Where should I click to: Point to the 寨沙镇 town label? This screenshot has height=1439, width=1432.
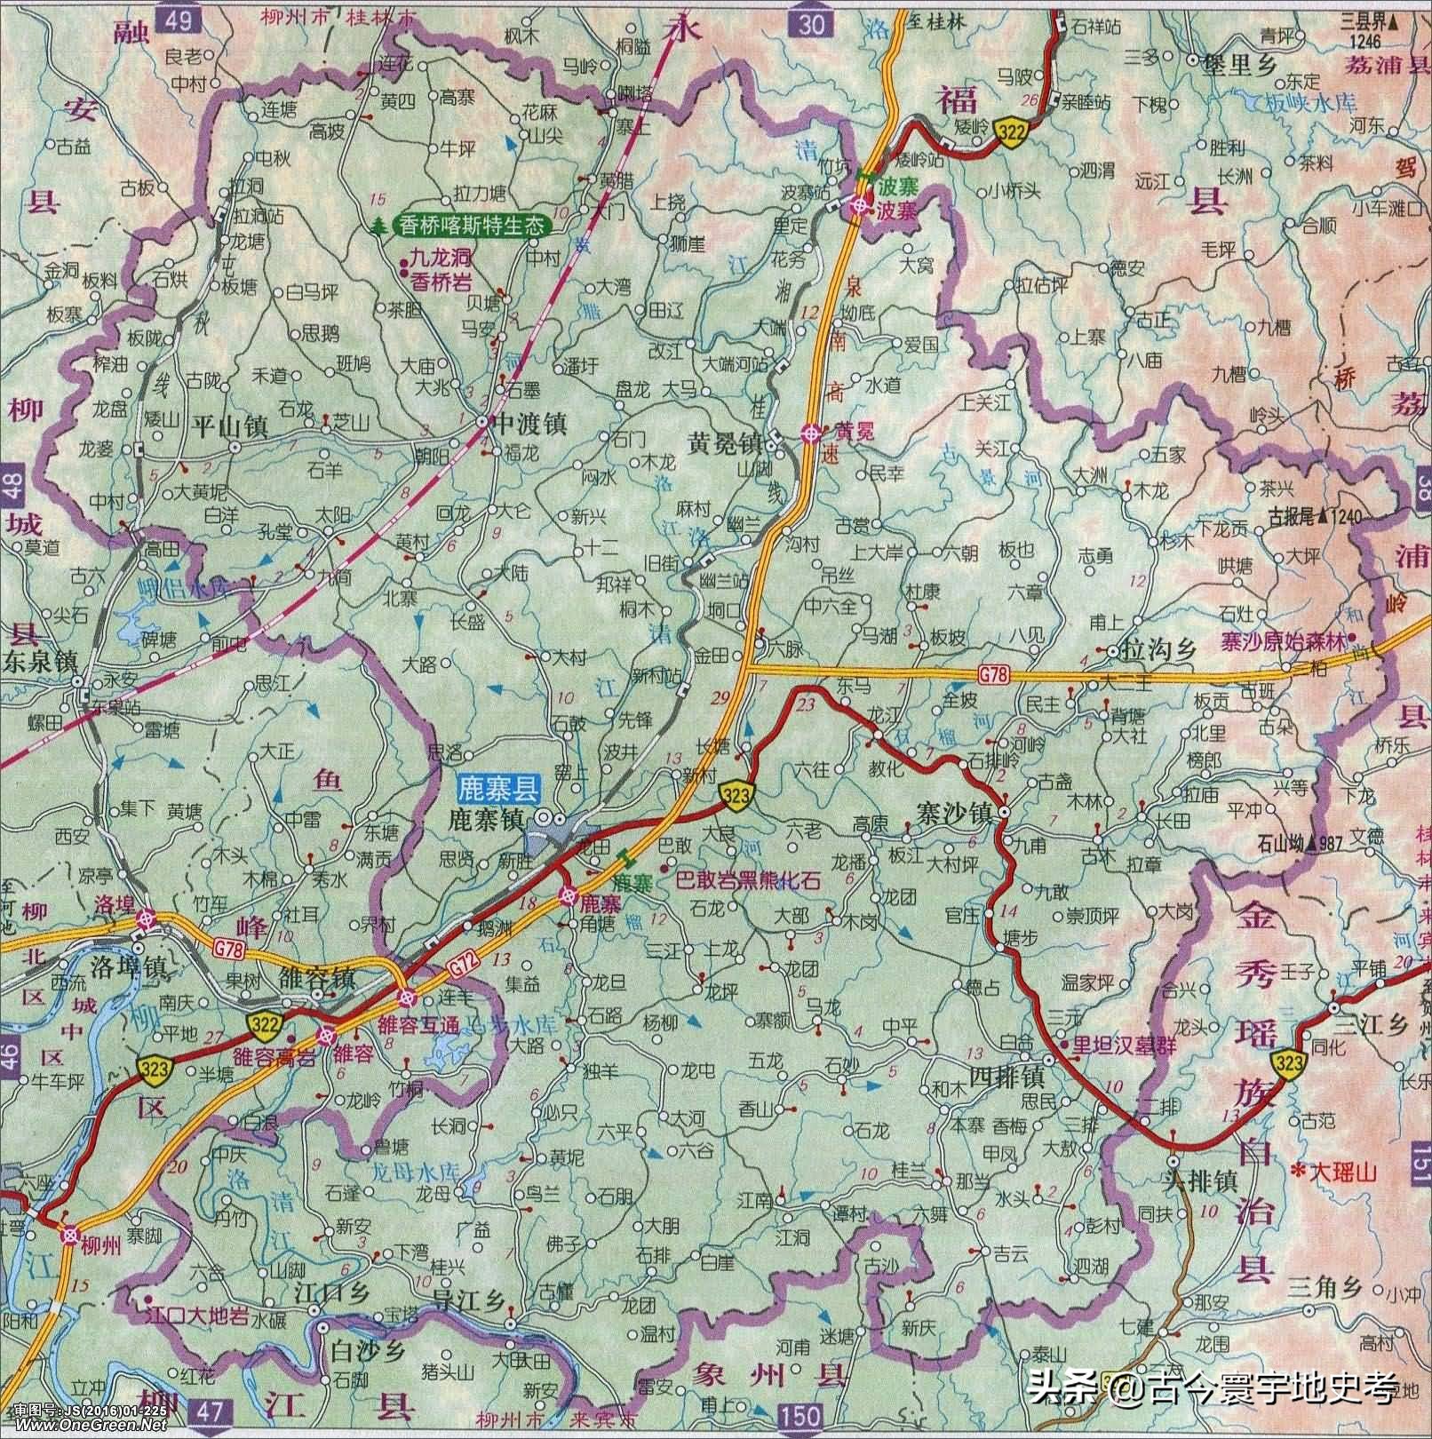[953, 811]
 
